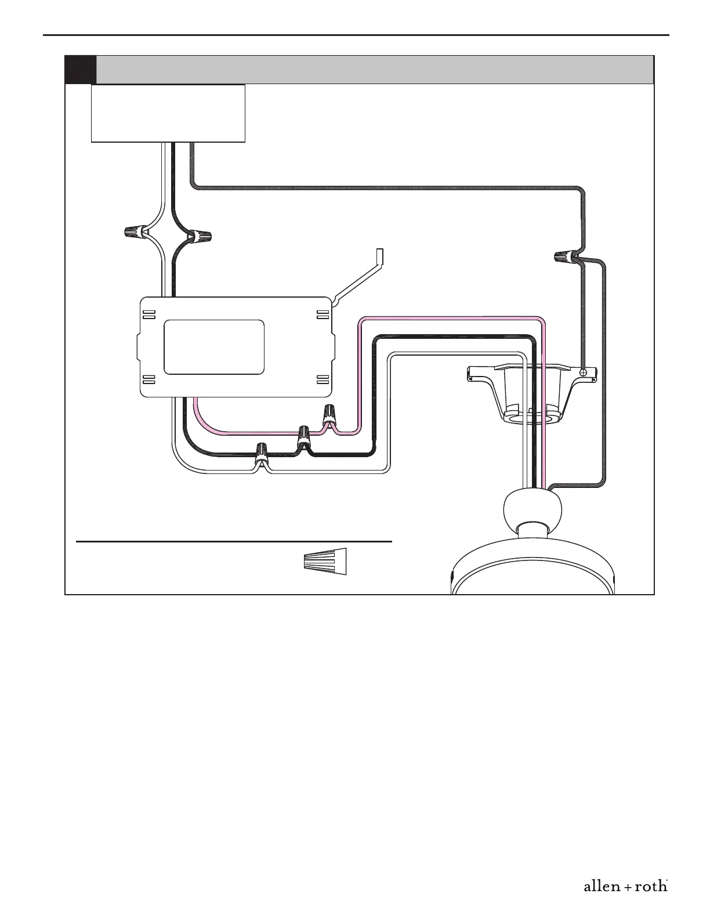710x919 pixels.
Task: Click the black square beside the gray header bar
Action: tap(80, 70)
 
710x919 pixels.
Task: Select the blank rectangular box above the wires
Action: tap(168, 113)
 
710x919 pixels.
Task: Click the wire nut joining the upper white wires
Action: tap(135, 233)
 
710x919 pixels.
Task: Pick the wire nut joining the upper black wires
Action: tap(200, 236)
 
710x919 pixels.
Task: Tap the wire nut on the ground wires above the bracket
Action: tap(564, 256)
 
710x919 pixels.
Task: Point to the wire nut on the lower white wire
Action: tap(262, 453)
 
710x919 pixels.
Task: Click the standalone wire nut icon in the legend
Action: tap(325, 562)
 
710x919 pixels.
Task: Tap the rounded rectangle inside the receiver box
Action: tap(214, 347)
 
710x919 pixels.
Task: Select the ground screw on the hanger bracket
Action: tap(584, 372)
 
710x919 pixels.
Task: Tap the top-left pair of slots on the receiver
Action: tap(149, 315)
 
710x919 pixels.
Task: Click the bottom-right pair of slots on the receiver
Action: tap(323, 379)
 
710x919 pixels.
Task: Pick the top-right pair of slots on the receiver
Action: tap(323, 315)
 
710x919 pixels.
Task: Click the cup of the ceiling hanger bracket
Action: tap(532, 397)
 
